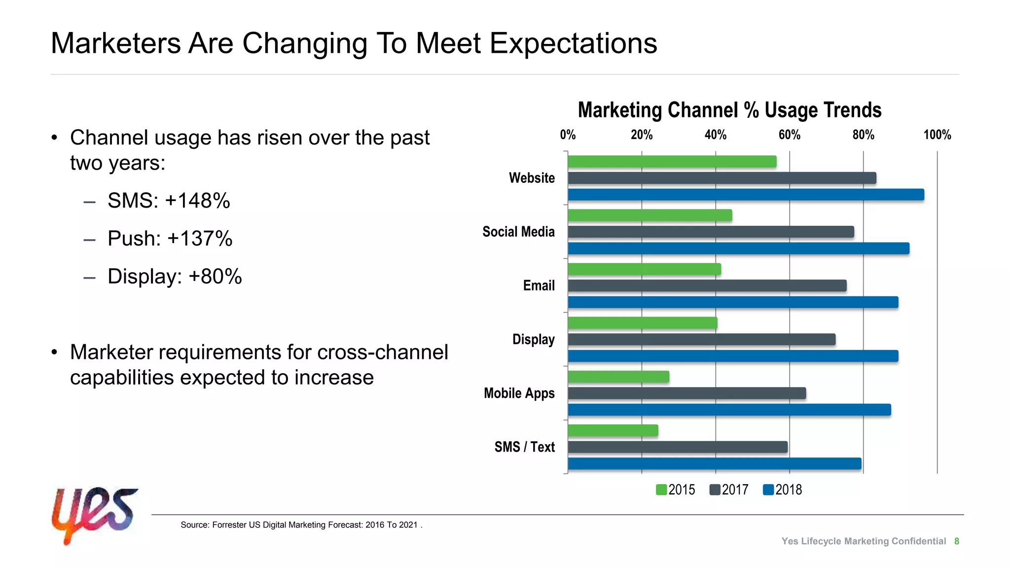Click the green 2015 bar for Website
pos(672,162)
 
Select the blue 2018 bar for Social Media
pos(738,248)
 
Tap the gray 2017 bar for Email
pos(707,286)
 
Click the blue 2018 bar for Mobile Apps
pos(729,410)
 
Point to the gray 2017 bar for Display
pos(701,340)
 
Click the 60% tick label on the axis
pos(789,135)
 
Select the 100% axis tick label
pos(937,135)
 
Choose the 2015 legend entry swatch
pos(661,490)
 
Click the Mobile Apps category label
pos(519,393)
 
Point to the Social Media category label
pos(518,232)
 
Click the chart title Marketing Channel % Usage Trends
pos(729,110)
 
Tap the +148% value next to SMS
pos(197,201)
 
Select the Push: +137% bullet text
pos(170,239)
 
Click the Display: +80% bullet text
pos(175,277)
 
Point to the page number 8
pos(956,541)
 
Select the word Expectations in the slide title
pos(573,43)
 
